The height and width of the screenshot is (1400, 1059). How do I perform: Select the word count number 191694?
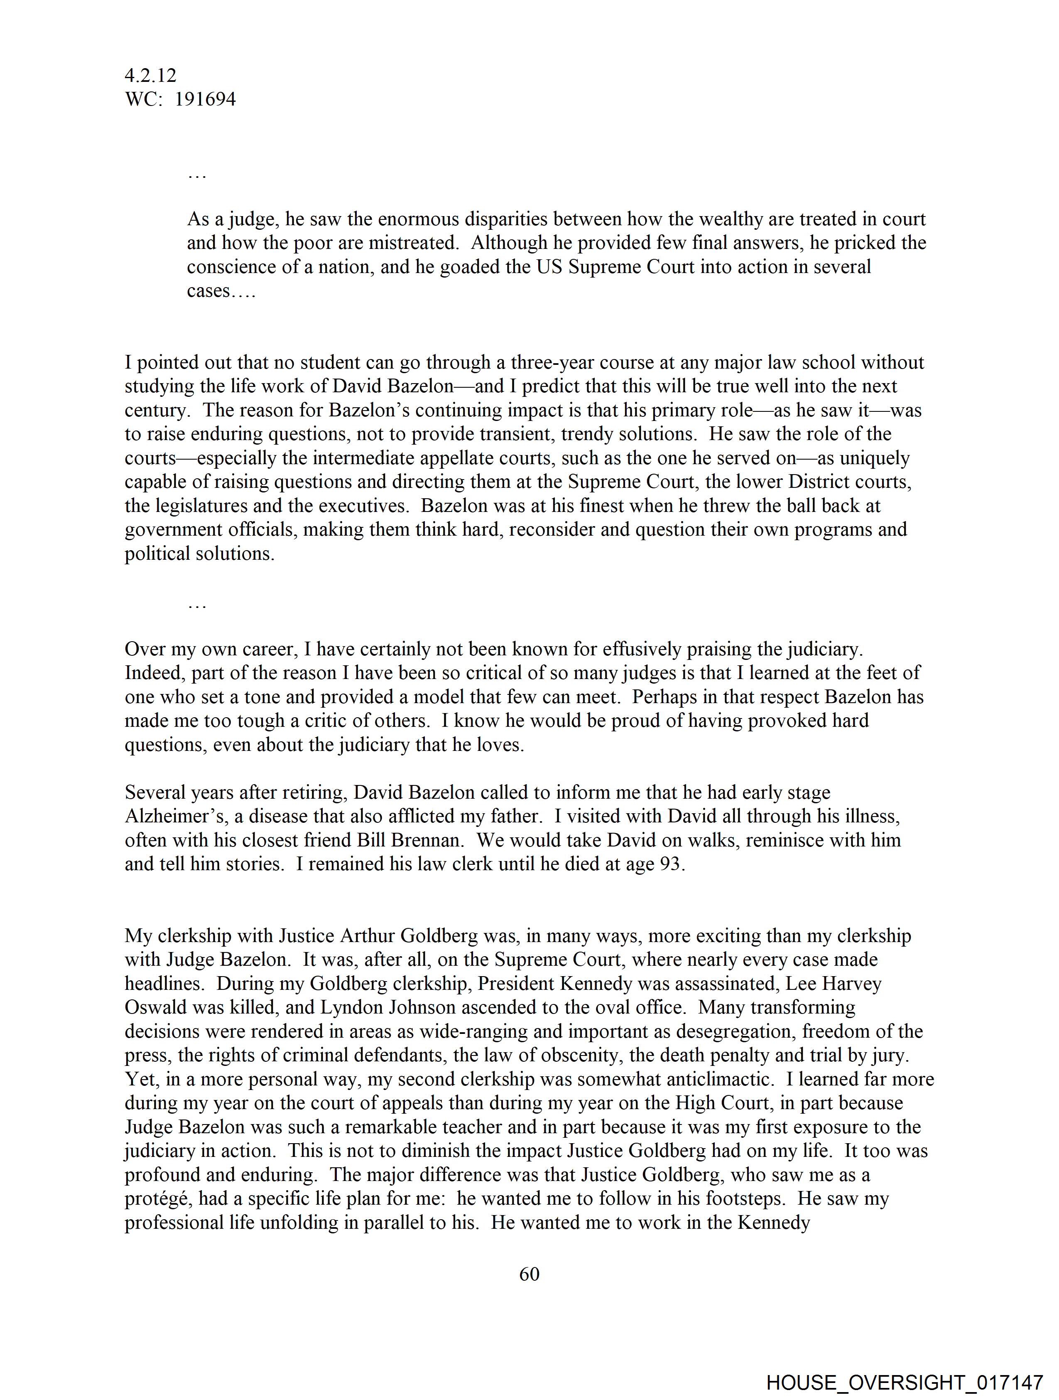click(x=205, y=99)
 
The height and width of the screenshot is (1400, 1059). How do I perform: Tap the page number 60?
click(x=529, y=1274)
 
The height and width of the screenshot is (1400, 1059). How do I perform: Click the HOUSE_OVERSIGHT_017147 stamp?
click(x=904, y=1382)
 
